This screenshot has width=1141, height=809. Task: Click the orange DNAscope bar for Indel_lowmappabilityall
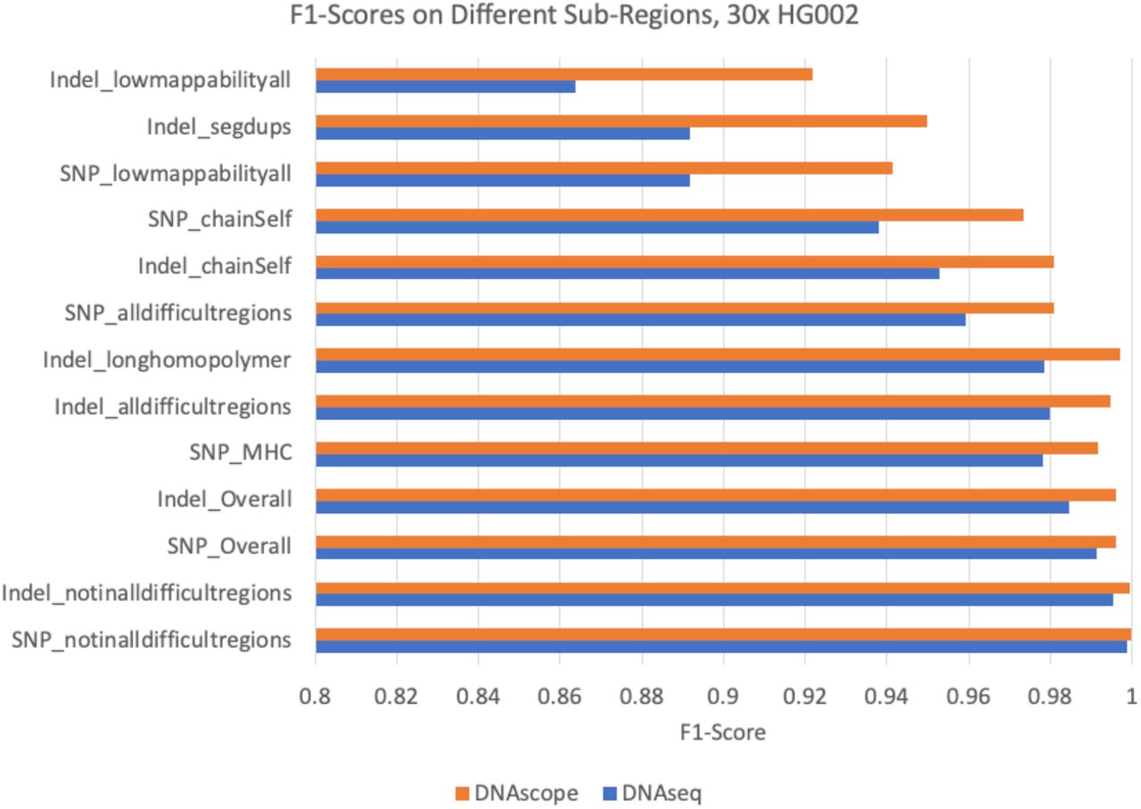click(563, 74)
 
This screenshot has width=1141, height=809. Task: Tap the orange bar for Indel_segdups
click(620, 120)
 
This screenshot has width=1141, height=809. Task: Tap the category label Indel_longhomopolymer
click(167, 359)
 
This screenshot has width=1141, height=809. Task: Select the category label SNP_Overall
click(229, 546)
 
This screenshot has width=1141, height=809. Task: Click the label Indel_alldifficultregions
click(173, 407)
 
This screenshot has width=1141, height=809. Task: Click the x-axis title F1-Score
click(723, 733)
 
